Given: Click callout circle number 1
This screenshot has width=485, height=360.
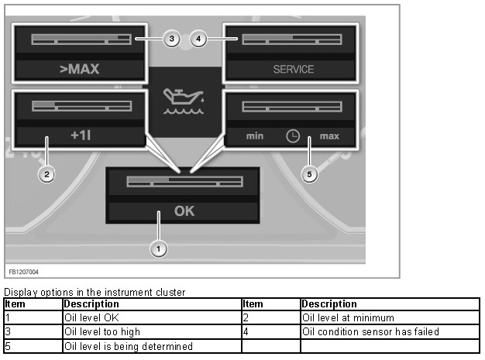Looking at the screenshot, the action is click(158, 249).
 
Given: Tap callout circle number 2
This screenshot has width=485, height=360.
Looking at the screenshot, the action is click(46, 174).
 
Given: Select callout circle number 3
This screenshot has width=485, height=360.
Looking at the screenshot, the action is click(172, 39).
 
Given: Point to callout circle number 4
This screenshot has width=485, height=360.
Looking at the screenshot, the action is click(198, 39).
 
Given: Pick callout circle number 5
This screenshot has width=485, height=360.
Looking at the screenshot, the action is click(309, 174).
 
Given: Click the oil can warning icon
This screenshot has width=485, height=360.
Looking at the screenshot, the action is click(184, 101).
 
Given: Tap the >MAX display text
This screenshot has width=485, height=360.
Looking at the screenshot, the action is click(80, 69).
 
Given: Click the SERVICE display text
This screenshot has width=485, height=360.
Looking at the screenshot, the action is click(293, 69).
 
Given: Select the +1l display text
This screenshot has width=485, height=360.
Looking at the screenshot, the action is click(81, 135).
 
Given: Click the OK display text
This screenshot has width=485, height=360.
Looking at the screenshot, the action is click(184, 211).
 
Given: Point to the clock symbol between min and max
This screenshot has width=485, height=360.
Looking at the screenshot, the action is click(293, 136).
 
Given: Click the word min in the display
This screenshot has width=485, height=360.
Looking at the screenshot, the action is click(255, 136).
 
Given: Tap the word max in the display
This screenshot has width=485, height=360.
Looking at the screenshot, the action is click(329, 136).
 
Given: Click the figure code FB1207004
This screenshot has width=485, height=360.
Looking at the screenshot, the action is click(23, 272).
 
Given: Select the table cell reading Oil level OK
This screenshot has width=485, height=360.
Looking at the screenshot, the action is click(152, 317).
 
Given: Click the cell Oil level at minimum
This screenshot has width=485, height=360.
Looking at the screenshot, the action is click(390, 317).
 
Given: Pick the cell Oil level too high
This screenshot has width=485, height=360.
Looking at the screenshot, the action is click(152, 332).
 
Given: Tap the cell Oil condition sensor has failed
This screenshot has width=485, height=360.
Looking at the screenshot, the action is click(390, 332).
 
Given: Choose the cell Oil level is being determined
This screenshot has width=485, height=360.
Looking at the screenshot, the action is click(152, 346).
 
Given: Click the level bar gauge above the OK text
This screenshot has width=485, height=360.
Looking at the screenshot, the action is click(184, 182).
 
